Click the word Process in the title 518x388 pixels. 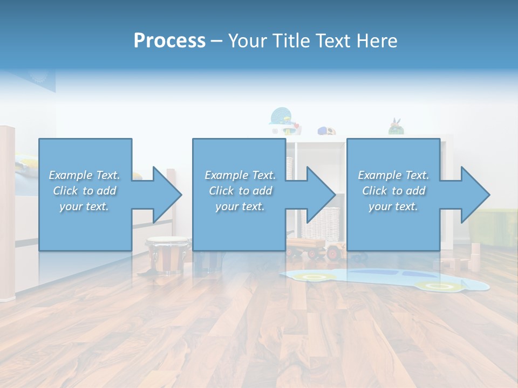click(x=169, y=41)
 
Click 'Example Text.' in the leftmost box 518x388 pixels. click(x=84, y=175)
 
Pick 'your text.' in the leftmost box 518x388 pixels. click(x=84, y=206)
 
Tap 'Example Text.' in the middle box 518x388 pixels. click(x=240, y=175)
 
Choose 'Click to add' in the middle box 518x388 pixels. click(x=240, y=191)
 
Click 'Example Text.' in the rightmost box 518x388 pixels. click(x=393, y=175)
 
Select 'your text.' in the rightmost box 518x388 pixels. click(x=393, y=206)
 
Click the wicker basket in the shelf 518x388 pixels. click(x=321, y=224)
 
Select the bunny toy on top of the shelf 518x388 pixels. click(x=397, y=127)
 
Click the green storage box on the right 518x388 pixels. click(x=494, y=226)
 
